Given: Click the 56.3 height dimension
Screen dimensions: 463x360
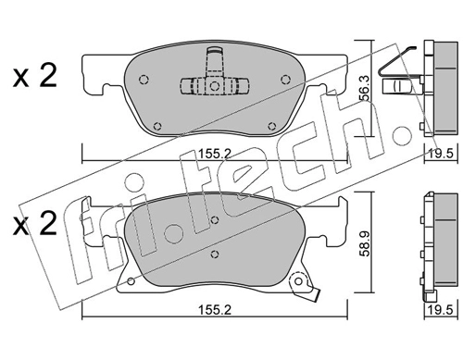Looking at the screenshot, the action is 366,89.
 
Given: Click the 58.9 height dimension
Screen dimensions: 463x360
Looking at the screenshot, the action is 366,243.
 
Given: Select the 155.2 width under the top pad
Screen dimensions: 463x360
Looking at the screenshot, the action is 215,153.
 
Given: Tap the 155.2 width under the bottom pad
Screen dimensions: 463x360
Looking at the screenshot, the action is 215,310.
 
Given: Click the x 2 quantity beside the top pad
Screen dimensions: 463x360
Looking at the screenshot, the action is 35,77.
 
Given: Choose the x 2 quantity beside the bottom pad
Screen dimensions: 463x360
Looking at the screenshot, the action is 35,224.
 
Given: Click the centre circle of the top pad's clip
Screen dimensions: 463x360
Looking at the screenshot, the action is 214,85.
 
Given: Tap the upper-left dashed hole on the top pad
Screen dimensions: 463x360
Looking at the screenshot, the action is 144,80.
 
